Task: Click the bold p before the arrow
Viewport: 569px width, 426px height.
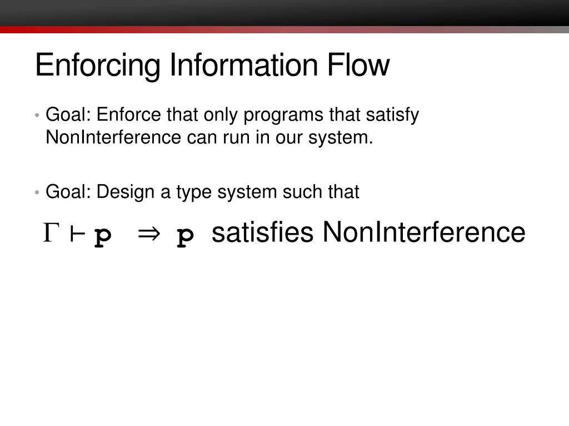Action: pos(103,237)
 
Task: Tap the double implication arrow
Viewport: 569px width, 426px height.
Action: pos(148,235)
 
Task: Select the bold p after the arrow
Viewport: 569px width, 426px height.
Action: pos(186,237)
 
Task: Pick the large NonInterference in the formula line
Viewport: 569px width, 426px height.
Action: pos(423,232)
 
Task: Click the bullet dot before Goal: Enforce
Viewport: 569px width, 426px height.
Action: pos(37,116)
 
